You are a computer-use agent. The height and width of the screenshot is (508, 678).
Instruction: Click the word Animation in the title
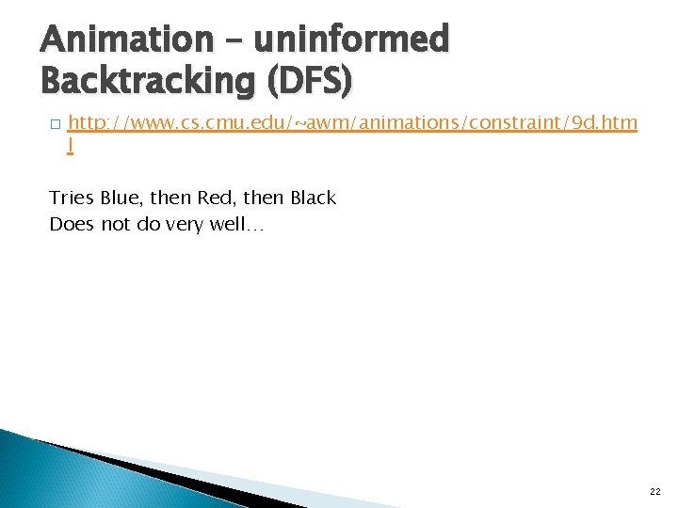click(114, 40)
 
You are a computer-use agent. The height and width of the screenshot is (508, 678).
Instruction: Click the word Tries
click(72, 198)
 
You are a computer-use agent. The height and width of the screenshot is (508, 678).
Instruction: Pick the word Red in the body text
click(209, 198)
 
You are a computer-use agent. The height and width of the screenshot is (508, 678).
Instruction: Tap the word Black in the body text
click(313, 198)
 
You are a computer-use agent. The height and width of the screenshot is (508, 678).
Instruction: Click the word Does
click(71, 224)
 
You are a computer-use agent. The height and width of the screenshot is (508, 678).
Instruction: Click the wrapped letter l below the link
click(70, 146)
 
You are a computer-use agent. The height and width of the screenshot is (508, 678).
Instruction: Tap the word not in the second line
click(112, 224)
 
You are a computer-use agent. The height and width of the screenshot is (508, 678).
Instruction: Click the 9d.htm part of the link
click(604, 123)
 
